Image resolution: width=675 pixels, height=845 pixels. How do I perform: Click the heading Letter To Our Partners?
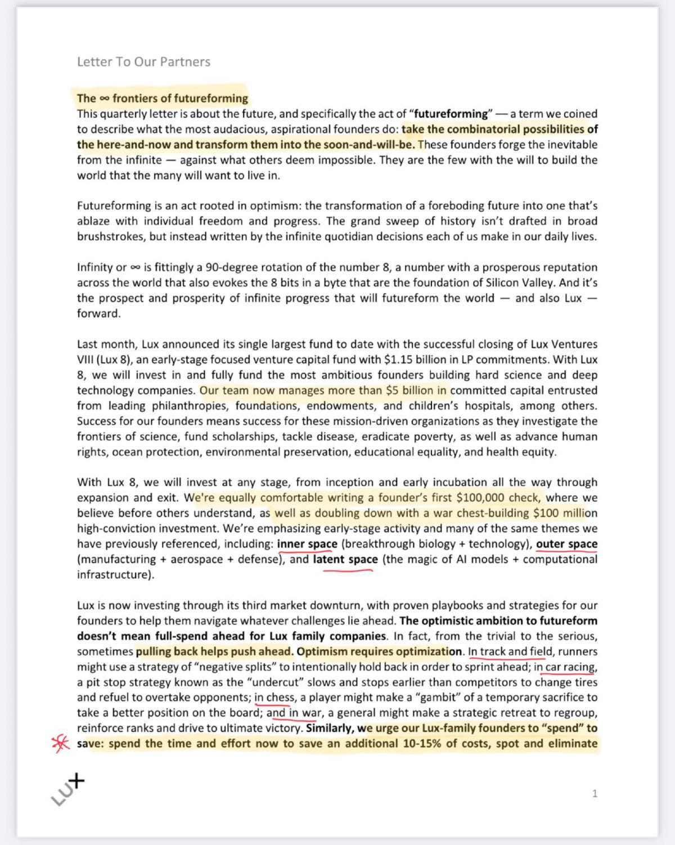click(143, 62)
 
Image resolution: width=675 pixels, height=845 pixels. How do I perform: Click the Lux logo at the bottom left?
click(68, 789)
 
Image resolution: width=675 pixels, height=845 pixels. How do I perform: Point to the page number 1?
click(595, 794)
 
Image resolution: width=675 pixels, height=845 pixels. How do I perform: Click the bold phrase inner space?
click(307, 544)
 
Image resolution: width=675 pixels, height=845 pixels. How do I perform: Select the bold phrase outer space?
click(566, 544)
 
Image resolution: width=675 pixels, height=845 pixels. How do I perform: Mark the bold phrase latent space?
click(345, 560)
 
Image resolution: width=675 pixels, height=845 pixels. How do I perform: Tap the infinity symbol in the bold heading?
click(104, 99)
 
